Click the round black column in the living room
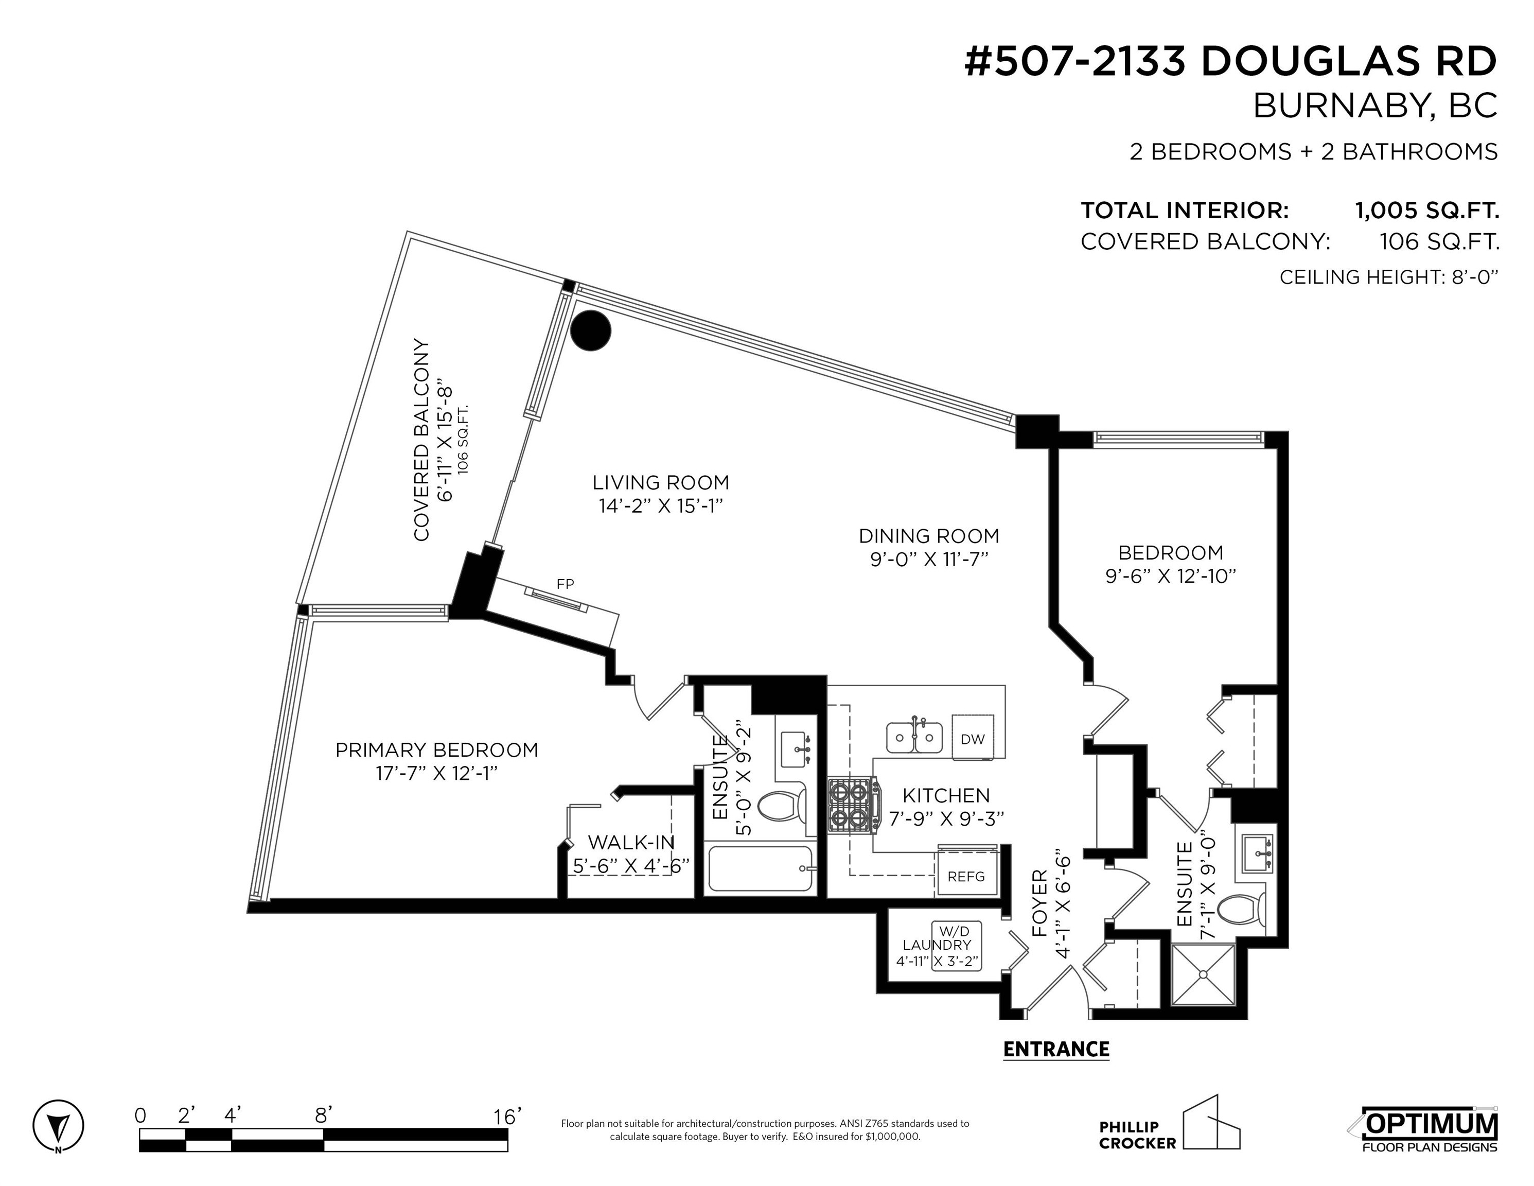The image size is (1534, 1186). (x=590, y=330)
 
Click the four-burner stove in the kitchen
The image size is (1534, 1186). (x=852, y=805)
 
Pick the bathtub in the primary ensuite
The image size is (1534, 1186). (x=760, y=868)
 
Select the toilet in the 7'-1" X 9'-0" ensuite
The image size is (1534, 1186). (x=1240, y=911)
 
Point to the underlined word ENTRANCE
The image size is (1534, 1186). (x=1056, y=1049)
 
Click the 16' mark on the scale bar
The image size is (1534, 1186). (x=507, y=1116)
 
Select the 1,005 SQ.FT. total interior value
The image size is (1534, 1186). (x=1426, y=210)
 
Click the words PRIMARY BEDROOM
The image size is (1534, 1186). (x=437, y=749)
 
